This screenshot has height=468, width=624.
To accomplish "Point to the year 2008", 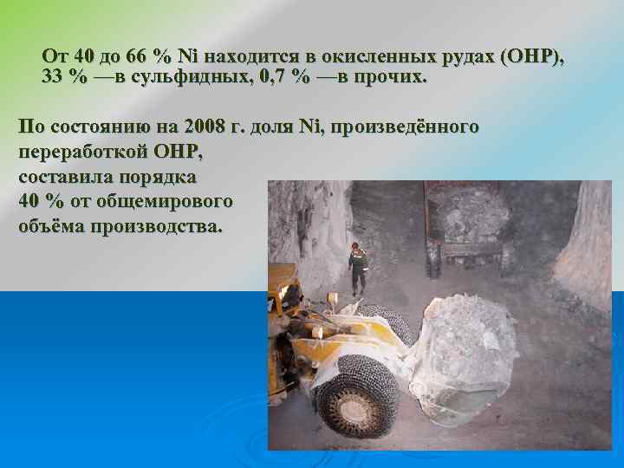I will coord(201,127).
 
